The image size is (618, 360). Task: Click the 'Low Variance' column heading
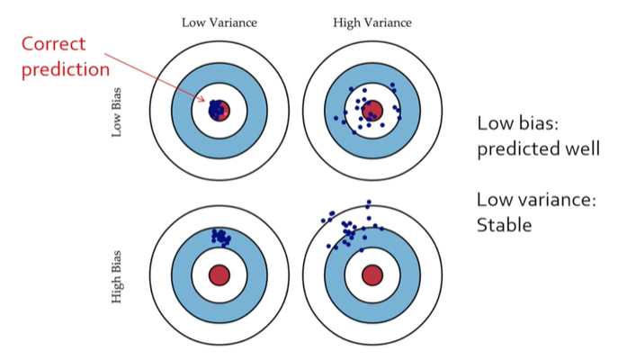click(219, 22)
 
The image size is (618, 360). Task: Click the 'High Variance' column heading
click(372, 22)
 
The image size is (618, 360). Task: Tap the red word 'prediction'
click(65, 67)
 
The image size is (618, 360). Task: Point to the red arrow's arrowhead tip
click(209, 104)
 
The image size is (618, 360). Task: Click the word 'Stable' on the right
click(504, 224)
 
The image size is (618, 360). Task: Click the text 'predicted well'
click(538, 148)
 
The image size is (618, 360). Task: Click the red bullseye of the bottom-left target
click(219, 274)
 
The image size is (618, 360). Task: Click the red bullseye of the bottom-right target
click(371, 274)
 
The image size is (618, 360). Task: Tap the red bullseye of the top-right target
click(372, 111)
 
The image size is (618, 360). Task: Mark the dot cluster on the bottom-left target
click(220, 237)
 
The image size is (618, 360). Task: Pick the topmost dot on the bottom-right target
click(369, 202)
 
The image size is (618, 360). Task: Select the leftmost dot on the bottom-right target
click(321, 219)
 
